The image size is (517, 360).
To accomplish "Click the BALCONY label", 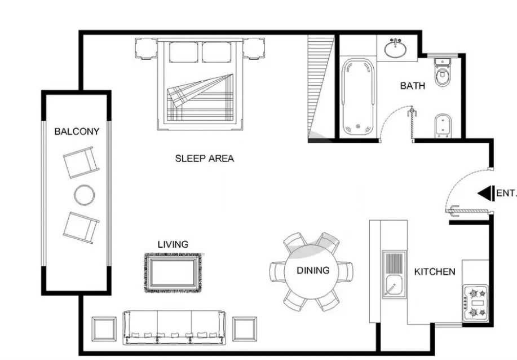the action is [x=77, y=131].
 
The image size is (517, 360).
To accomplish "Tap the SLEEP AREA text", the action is [x=205, y=159].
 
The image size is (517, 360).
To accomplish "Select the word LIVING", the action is [x=173, y=244].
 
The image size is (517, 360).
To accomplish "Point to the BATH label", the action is [x=413, y=86].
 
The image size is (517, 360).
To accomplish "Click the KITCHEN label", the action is [x=435, y=271].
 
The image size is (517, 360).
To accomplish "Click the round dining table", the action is [x=312, y=271].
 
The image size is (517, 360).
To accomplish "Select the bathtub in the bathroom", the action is [x=358, y=98].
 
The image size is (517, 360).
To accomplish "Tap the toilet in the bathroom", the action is [x=442, y=72].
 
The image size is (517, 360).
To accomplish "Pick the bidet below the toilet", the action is [x=443, y=126].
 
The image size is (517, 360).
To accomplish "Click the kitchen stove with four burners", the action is [x=476, y=303].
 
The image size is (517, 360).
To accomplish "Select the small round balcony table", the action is [x=84, y=195].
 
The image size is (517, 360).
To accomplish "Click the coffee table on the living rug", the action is [x=173, y=273].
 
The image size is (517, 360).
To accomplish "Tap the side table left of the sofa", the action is [x=104, y=329].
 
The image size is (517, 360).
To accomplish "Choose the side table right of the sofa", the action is [x=244, y=329].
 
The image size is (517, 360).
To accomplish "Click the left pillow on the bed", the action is [x=184, y=52].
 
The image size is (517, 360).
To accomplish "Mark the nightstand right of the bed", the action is [x=254, y=49].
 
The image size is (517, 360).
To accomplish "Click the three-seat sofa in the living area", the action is [x=174, y=327].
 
